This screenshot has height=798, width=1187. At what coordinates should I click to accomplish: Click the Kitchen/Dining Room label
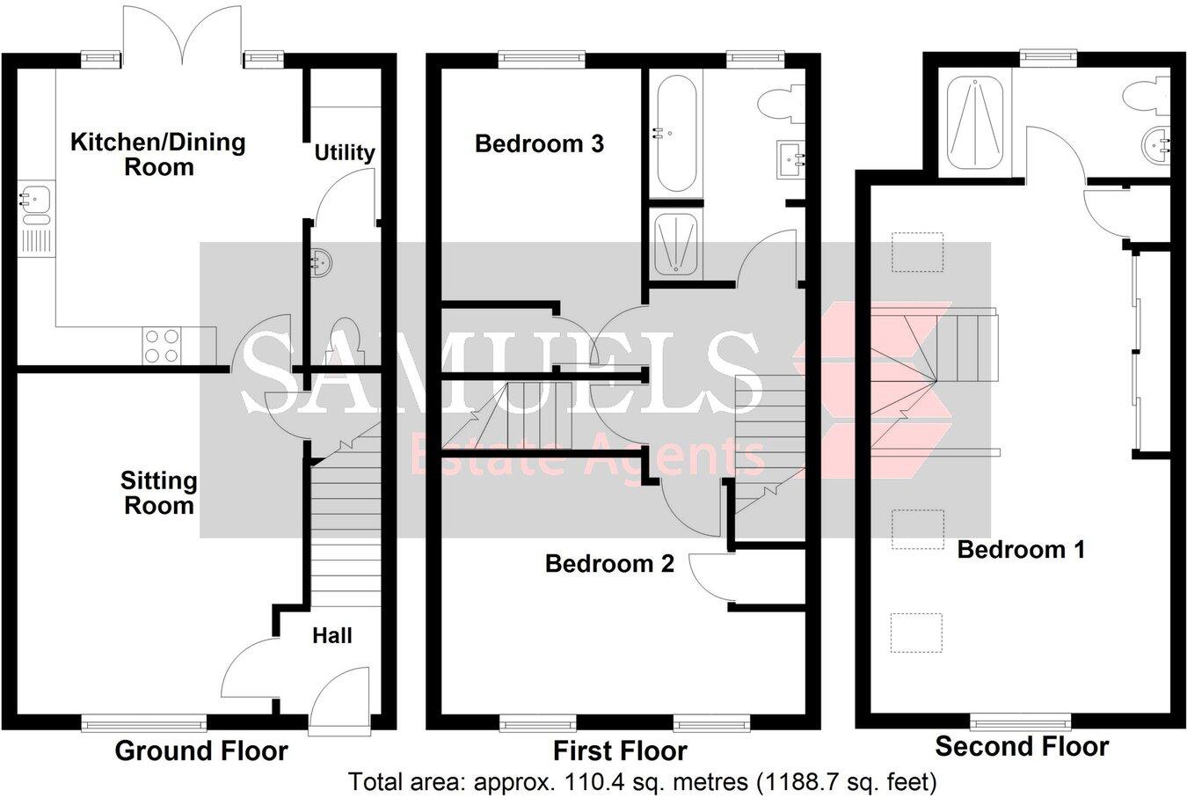tap(158, 154)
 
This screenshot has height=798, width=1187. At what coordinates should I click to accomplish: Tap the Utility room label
tap(345, 152)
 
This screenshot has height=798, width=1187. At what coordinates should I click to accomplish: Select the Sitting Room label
tap(158, 493)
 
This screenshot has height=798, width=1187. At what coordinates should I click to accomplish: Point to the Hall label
tap(332, 635)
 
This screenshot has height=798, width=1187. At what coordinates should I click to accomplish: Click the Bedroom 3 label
tap(539, 143)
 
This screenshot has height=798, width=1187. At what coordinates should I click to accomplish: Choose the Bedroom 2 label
tap(609, 563)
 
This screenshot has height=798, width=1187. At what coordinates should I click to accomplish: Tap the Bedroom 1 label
tap(1021, 550)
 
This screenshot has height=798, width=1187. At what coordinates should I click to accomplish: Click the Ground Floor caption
tap(201, 750)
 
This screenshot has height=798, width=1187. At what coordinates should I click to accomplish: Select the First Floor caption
tap(620, 750)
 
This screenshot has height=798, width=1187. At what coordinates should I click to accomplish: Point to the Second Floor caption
tap(1022, 747)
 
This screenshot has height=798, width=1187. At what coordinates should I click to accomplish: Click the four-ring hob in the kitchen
tap(161, 345)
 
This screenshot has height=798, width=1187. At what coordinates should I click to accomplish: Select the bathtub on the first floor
tap(675, 134)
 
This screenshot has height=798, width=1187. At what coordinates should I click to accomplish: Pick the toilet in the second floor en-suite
tap(1153, 94)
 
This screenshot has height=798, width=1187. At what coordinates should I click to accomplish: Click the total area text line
tap(643, 781)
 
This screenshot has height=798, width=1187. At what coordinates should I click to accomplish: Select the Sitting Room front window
tap(144, 723)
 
